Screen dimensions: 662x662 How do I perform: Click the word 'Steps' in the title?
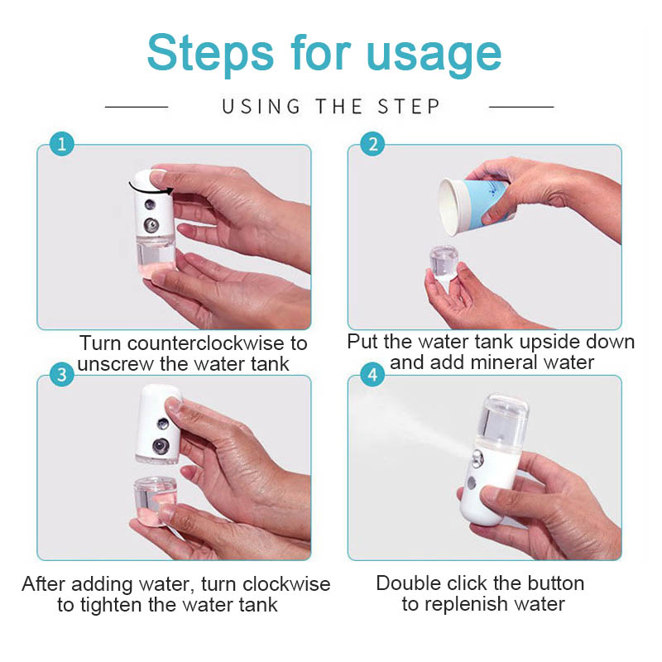[x=210, y=53]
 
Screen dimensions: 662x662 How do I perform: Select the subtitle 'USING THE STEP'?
[x=331, y=107]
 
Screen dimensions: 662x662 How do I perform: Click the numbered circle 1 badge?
[x=61, y=144]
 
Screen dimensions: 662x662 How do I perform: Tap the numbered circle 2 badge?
[x=372, y=144]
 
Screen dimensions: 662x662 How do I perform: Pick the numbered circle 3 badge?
[x=61, y=375]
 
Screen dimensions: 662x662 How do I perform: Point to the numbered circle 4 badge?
[x=372, y=375]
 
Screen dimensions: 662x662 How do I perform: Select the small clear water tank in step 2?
[x=444, y=264]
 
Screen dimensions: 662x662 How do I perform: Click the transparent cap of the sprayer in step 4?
[x=504, y=420]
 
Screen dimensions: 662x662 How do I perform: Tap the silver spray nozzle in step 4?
[x=477, y=459]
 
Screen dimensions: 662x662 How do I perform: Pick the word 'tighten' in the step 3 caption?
[x=111, y=605]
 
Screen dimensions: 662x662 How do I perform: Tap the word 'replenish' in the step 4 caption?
[x=465, y=604]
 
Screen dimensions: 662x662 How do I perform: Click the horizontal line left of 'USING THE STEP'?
[x=137, y=108]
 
